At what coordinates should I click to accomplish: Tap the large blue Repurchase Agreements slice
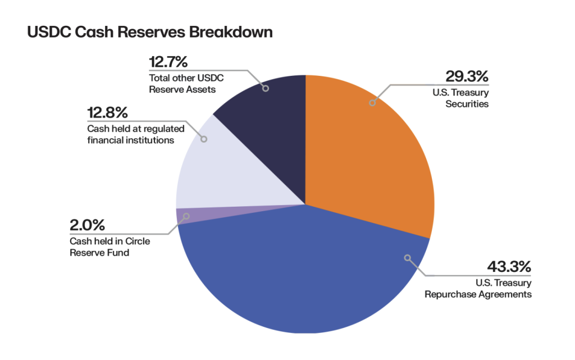[303, 275]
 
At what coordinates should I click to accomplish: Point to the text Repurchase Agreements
[478, 294]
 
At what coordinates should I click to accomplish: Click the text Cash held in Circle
[110, 241]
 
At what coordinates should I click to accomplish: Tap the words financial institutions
[131, 140]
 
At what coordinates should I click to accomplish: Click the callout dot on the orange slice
[372, 103]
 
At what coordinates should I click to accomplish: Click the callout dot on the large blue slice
[407, 257]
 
